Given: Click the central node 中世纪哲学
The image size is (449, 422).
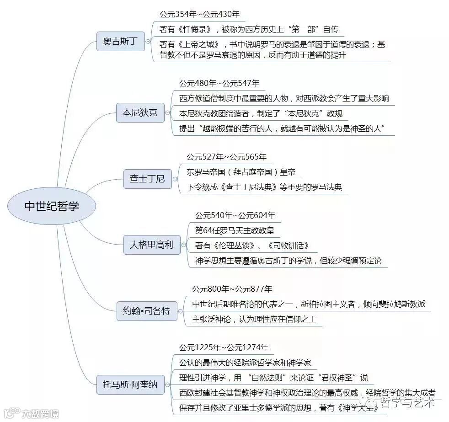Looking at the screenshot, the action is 52,206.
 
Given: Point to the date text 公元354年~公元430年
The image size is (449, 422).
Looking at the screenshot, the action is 199,15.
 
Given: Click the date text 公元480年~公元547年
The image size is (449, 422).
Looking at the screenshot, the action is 219,83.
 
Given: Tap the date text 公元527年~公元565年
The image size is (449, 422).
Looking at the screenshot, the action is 226,157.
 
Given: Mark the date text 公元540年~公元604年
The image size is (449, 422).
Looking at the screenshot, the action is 235,215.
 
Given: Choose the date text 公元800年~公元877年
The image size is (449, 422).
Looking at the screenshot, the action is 232,289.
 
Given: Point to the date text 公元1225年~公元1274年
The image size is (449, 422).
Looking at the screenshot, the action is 224,347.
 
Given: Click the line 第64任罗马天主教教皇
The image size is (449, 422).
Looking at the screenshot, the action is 235,230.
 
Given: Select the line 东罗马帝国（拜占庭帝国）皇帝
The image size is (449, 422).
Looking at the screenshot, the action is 241,172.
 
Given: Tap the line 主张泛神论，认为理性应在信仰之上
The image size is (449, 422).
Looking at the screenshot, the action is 254,319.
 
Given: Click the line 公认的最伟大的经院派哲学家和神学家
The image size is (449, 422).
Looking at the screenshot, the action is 245,363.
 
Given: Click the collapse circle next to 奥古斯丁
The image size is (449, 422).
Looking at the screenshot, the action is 148,42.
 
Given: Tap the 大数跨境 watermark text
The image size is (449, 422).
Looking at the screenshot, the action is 41,415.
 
